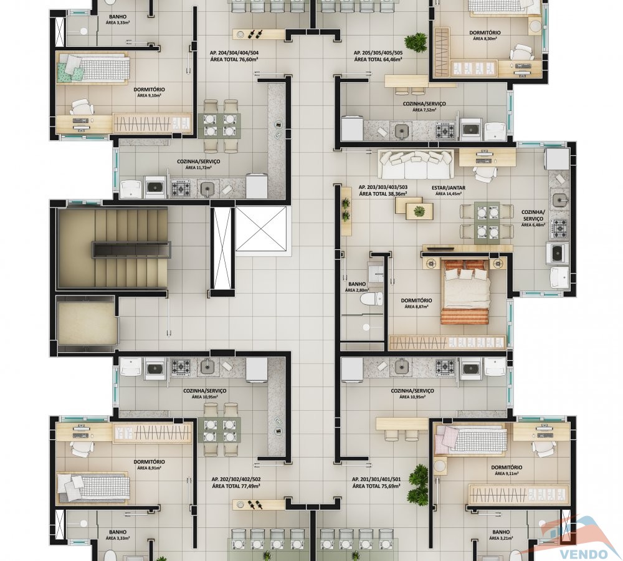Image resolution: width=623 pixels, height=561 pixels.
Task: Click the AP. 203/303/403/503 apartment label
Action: tap(383, 187)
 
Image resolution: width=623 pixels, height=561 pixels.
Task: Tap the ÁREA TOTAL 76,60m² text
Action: tap(234, 59)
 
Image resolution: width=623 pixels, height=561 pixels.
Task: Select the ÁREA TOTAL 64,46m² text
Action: tap(378, 59)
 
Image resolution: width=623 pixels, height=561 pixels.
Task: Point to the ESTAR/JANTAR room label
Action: tap(448, 188)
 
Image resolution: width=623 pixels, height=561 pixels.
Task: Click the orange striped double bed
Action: tap(465, 292)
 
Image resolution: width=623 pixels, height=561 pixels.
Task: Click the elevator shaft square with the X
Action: tap(260, 229)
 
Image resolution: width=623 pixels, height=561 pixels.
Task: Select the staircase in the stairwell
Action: tap(112, 248)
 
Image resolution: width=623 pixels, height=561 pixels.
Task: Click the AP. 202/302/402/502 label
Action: tap(236, 479)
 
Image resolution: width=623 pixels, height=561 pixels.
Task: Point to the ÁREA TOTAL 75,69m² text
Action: tap(376, 486)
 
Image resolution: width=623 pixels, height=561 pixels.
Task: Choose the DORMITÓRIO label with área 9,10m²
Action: tap(149, 90)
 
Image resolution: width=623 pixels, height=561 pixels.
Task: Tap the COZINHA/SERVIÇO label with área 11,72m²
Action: tap(198, 161)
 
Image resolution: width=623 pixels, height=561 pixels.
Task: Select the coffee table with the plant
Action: tap(419, 211)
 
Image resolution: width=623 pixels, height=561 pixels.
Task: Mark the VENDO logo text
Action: tap(584, 554)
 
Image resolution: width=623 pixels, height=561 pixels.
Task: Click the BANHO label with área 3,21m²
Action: tap(501, 532)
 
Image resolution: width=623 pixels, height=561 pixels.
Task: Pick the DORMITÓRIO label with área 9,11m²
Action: tap(506, 467)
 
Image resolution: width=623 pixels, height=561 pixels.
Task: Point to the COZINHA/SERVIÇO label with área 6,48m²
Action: tap(533, 216)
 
